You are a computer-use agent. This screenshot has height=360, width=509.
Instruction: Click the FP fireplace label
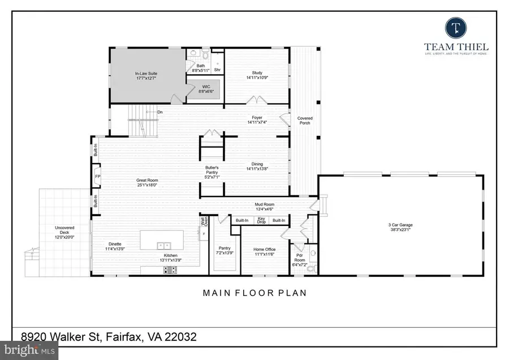coord(97,175)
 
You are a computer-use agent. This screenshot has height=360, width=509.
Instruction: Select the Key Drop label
coord(261,221)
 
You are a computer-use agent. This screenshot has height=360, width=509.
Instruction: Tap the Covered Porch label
coord(305,121)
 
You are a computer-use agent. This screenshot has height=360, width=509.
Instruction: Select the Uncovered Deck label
coord(65,232)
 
